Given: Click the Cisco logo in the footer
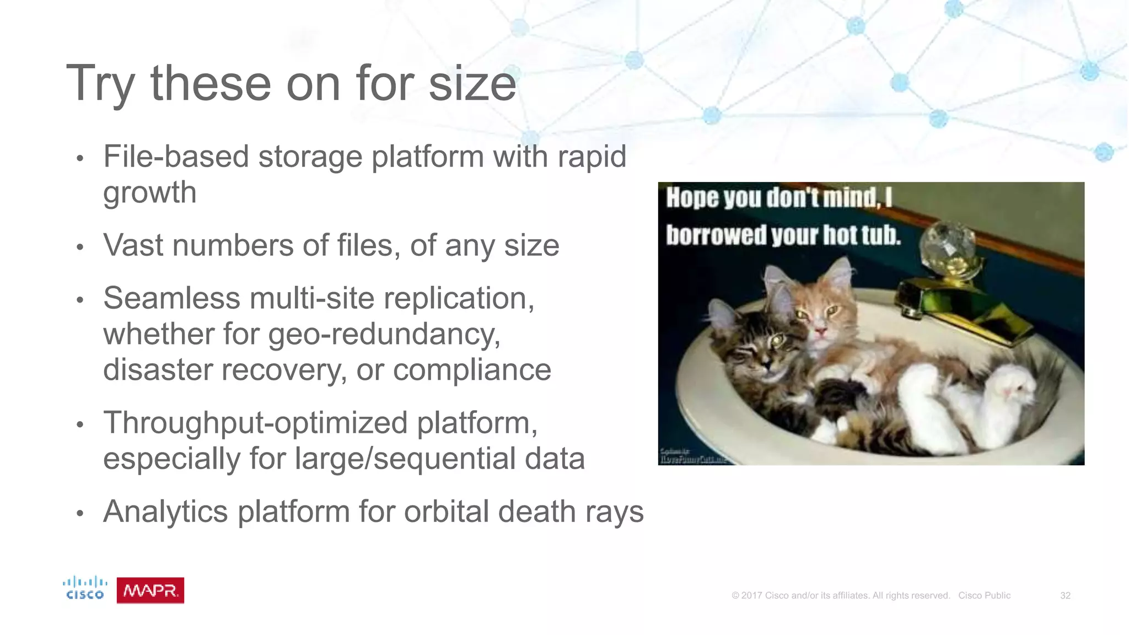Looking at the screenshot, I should pos(84,588).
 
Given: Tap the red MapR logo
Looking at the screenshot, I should pos(150,590).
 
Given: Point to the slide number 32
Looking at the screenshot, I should pos(1065,595).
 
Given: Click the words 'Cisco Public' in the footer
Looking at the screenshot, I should pos(984,595).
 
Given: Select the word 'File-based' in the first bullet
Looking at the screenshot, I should pos(176,157).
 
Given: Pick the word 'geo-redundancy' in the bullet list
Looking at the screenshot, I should pos(384,335).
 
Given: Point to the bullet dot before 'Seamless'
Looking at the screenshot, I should pos(80,300).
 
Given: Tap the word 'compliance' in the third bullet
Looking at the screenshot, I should pos(472,370).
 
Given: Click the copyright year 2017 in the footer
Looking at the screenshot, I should pos(751,595).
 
